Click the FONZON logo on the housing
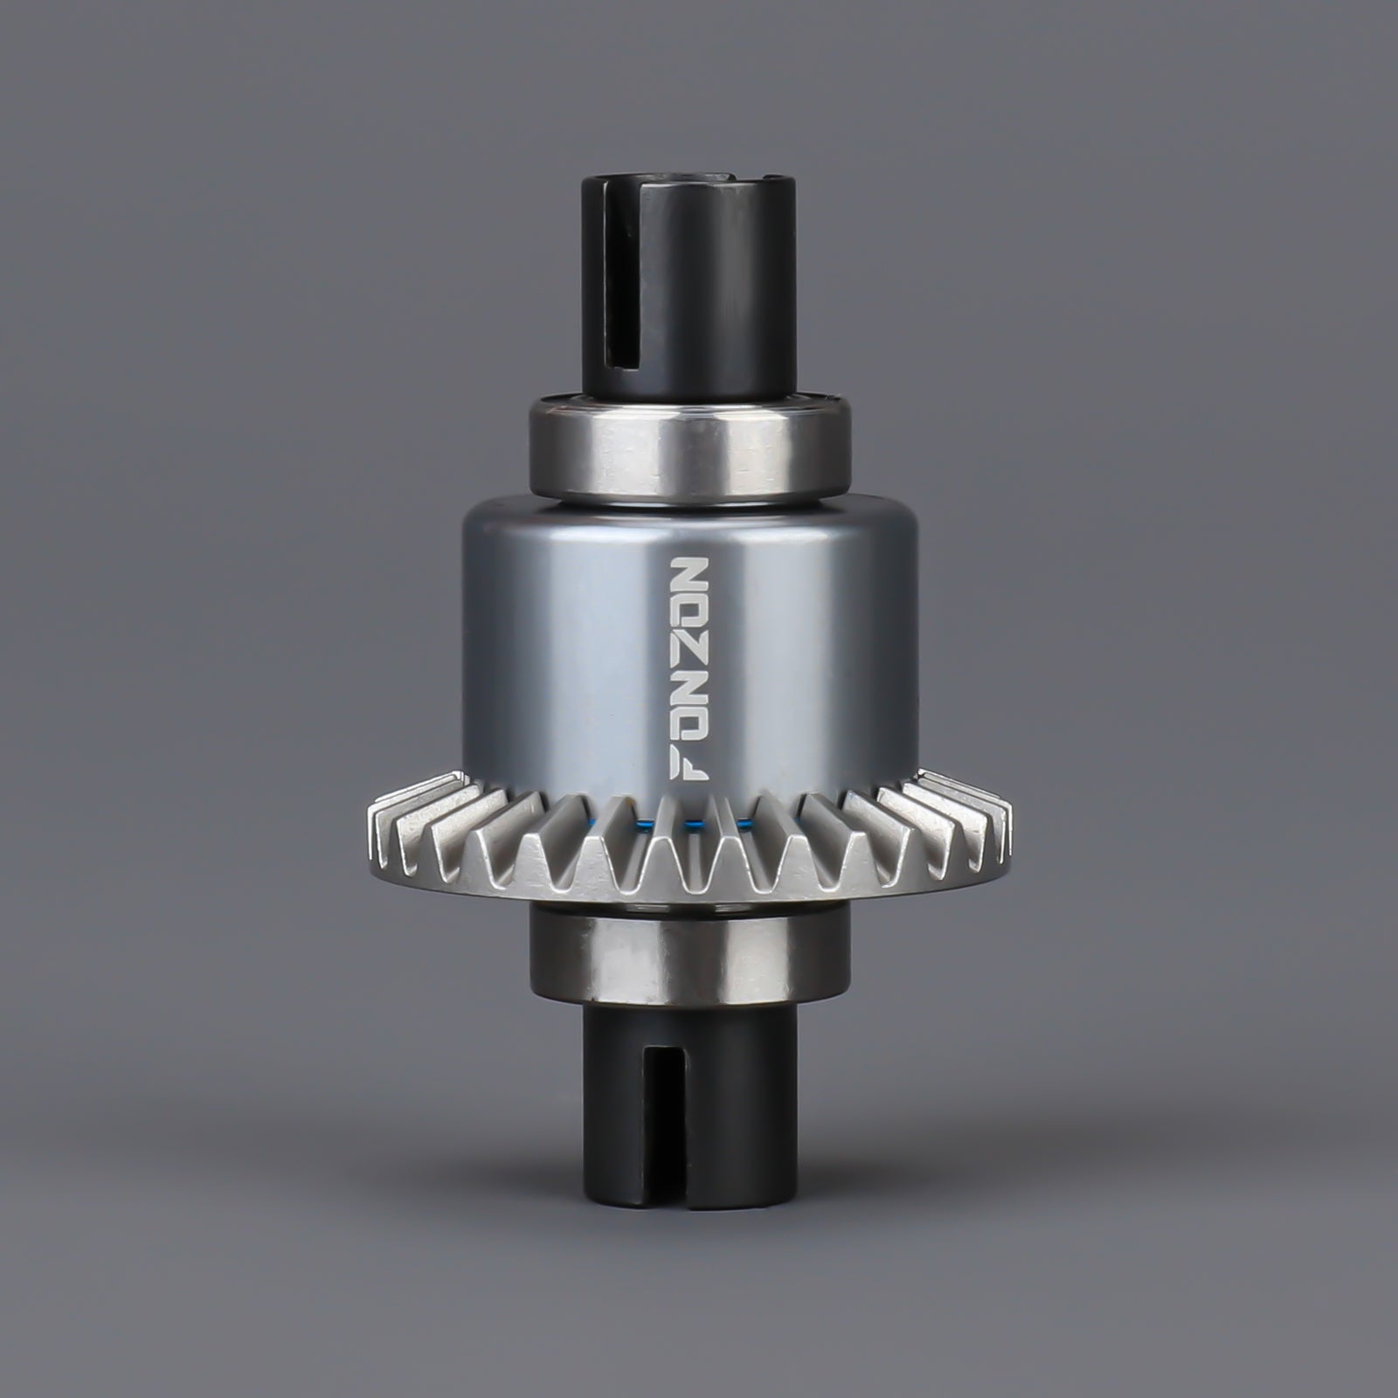pos(690,666)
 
